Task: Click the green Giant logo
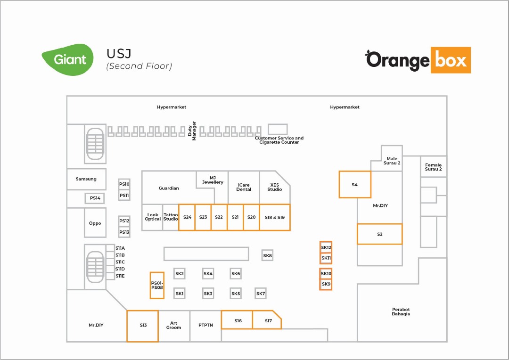click(67, 60)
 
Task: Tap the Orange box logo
click(418, 60)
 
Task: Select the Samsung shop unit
click(86, 179)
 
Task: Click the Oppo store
click(95, 223)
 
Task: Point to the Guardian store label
click(169, 188)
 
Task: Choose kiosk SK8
click(268, 255)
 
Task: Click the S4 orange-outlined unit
click(355, 184)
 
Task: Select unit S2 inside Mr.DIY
click(380, 234)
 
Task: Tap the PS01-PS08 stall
click(157, 286)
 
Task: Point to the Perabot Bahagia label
click(401, 311)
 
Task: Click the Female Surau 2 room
click(434, 167)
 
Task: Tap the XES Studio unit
click(275, 188)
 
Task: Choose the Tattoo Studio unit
click(171, 217)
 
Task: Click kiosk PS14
click(95, 198)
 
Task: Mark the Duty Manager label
click(192, 131)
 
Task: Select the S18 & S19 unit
click(275, 217)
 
